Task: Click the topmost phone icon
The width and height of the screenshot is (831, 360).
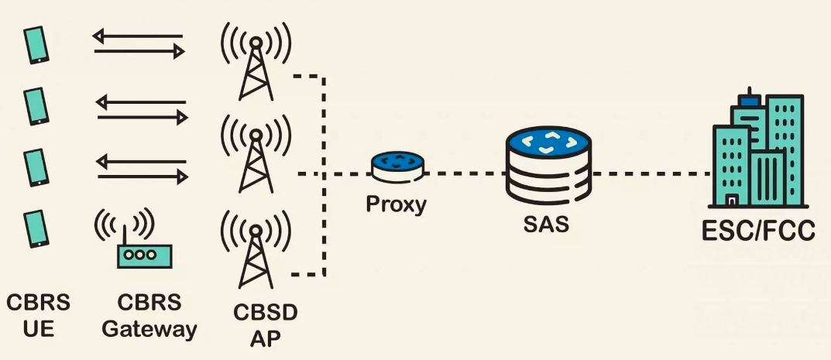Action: tap(36, 45)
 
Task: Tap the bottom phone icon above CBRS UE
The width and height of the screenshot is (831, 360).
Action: tap(36, 229)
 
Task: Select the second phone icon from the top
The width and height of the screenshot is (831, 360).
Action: tap(36, 106)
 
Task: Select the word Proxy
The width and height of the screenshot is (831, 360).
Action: tap(397, 205)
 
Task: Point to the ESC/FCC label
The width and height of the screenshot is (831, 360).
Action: tap(757, 231)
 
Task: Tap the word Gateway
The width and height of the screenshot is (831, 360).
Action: tap(149, 329)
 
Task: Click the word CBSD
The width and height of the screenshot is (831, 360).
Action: tap(266, 314)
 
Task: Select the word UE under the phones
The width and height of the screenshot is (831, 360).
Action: tap(37, 329)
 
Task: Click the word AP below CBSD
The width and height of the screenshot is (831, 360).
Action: tap(266, 339)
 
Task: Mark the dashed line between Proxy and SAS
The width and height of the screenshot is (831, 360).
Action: tap(465, 173)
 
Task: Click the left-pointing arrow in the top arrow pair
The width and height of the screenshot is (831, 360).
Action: tap(137, 35)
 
